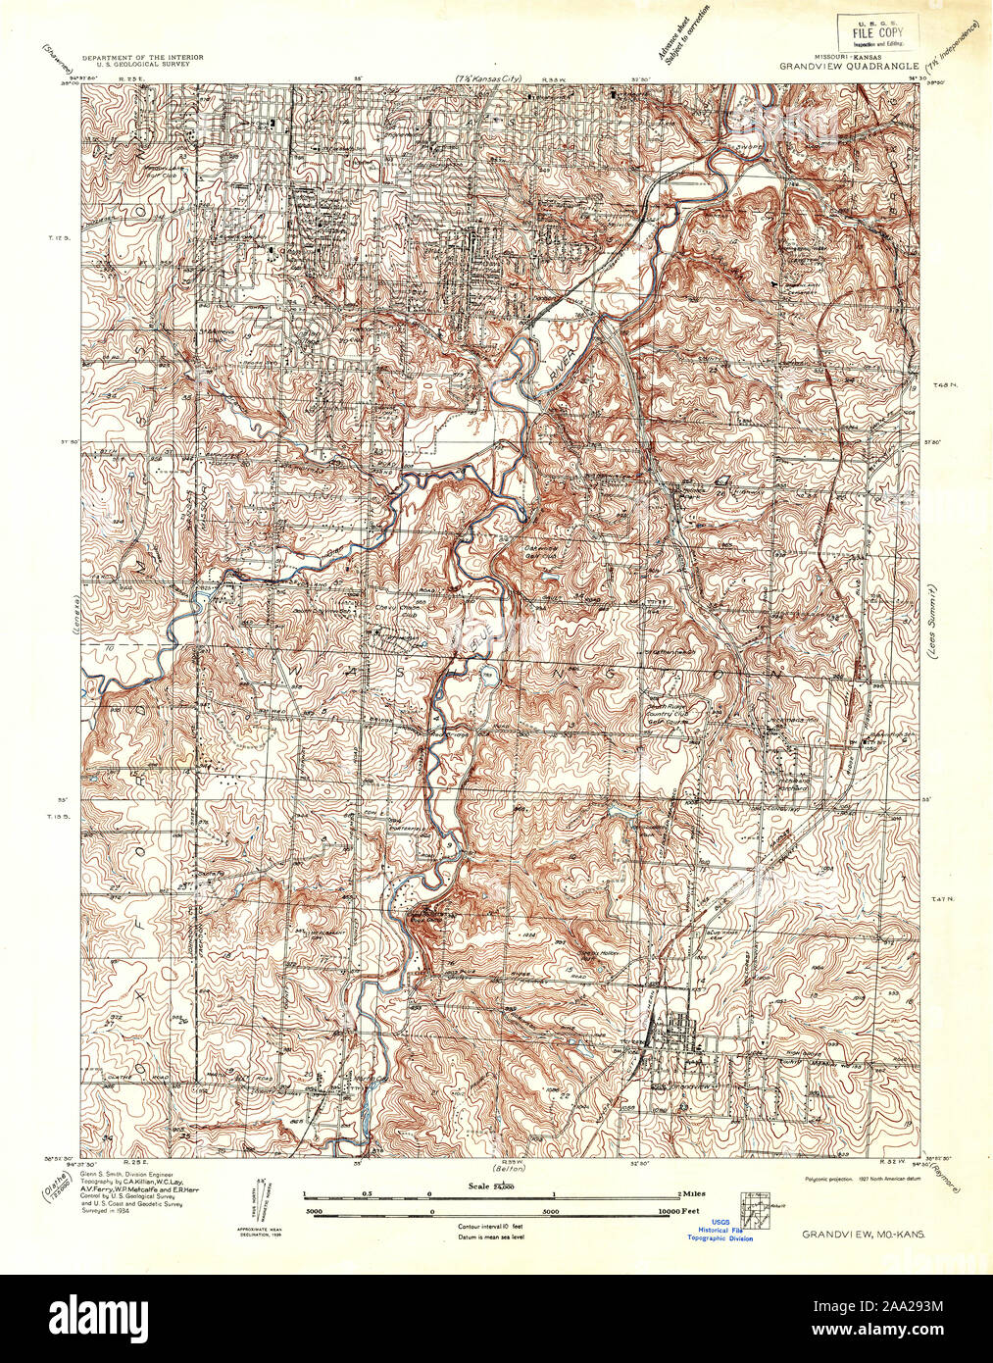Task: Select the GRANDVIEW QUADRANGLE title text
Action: tap(849, 67)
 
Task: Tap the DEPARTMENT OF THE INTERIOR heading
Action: tap(143, 59)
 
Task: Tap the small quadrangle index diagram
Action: tap(756, 1204)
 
